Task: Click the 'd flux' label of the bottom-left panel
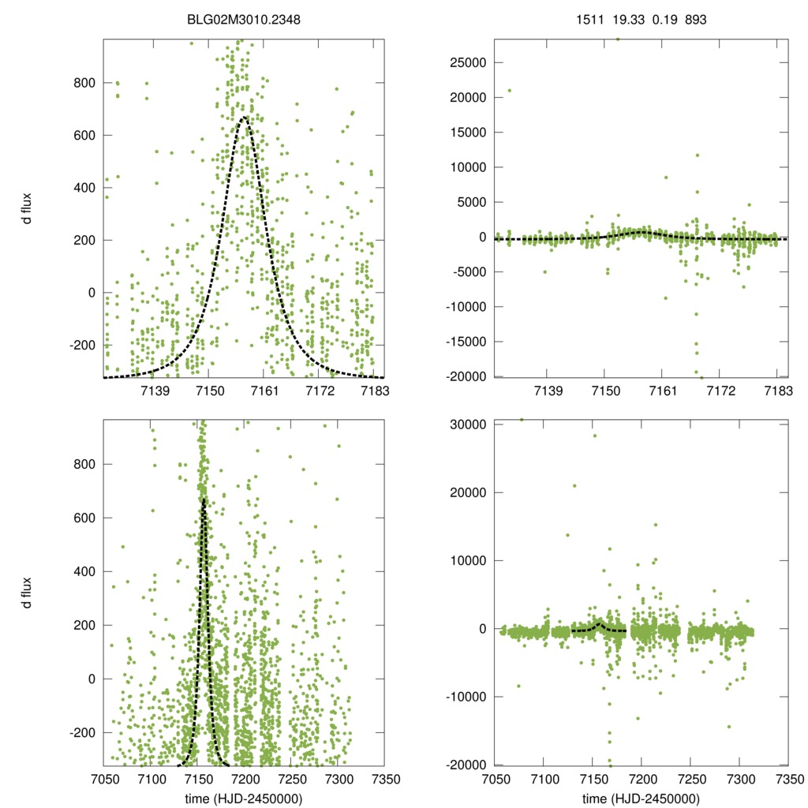(27, 593)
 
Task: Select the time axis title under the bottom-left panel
(244, 799)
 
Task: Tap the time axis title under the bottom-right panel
(640, 799)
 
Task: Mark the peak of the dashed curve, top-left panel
(244, 118)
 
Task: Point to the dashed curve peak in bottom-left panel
(204, 499)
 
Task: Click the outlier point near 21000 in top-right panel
(509, 90)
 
